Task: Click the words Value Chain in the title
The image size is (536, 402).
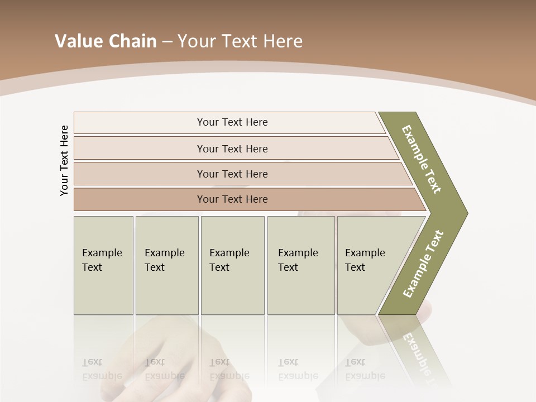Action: pos(106,41)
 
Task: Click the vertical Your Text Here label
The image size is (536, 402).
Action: pos(64,160)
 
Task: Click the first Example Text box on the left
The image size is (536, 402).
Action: pos(103,265)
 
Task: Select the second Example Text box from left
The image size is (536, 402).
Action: pos(167,265)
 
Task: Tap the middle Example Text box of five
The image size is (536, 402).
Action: pos(232,265)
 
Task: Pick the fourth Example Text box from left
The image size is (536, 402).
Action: pos(301,265)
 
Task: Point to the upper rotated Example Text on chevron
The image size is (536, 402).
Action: pos(422,159)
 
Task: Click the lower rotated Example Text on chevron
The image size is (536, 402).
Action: pos(423,264)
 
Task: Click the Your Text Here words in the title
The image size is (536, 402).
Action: pos(240,41)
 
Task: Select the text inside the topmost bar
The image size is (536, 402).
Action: pos(232,122)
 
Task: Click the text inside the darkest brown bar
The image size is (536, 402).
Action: pos(232,199)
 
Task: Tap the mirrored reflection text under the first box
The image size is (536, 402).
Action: pos(102,369)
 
